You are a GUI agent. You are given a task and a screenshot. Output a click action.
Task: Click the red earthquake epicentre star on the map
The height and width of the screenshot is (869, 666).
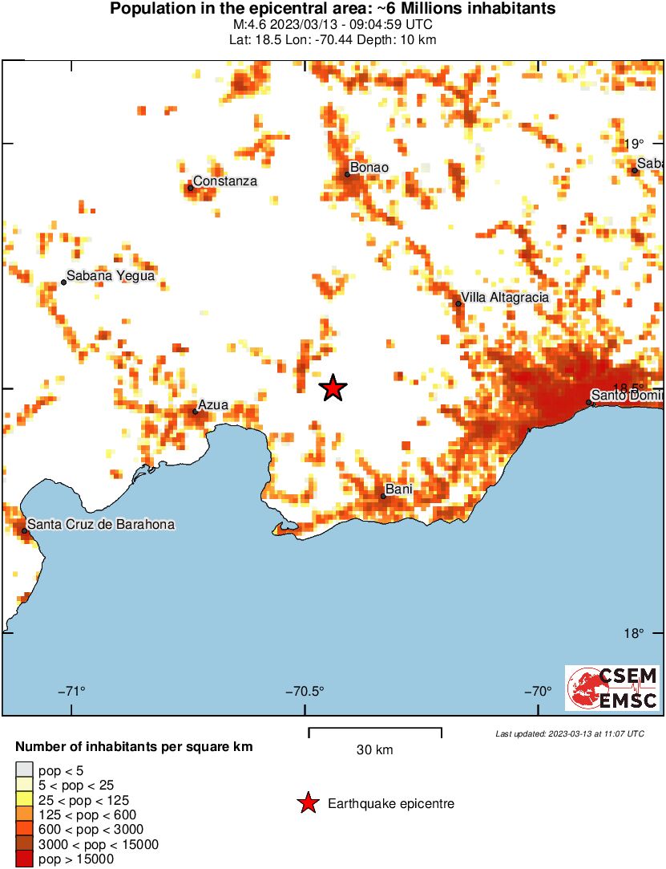tap(333, 388)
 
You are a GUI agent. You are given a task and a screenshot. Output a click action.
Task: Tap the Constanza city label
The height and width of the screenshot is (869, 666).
tap(225, 181)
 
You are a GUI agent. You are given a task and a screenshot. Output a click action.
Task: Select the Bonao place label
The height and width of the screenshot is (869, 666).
tap(369, 168)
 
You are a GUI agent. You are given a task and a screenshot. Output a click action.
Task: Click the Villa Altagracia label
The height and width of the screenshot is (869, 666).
tap(505, 298)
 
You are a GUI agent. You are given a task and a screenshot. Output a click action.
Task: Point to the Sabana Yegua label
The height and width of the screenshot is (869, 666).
tap(110, 276)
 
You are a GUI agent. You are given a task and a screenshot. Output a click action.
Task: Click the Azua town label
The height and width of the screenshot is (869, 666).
tap(213, 405)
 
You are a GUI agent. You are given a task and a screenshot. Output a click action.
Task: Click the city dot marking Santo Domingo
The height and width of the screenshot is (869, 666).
tap(589, 402)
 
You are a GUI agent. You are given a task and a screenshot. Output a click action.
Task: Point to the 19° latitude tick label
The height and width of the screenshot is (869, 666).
tap(634, 144)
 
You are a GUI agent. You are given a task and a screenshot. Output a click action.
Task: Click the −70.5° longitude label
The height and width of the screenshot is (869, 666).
tap(308, 692)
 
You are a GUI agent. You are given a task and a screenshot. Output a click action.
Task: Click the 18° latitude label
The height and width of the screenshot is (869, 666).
tap(634, 634)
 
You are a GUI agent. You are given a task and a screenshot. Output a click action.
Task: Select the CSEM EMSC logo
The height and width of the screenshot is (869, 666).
tap(613, 688)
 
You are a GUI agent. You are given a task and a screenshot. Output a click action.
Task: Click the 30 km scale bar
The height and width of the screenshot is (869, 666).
tap(375, 730)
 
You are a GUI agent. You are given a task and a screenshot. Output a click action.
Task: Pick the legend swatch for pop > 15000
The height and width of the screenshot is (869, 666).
tap(24, 859)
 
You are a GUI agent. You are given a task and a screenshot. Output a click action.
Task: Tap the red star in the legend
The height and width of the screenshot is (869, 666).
tap(308, 803)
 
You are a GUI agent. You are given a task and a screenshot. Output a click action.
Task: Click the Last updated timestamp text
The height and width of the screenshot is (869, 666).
tap(569, 733)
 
